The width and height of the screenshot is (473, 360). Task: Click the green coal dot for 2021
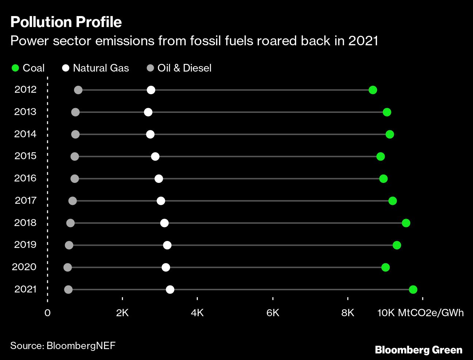413,290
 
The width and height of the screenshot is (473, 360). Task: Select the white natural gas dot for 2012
151,90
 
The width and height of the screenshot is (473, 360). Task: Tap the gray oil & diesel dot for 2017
73,201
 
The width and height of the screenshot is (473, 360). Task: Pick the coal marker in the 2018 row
406,223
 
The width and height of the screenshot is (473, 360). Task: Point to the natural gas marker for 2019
167,245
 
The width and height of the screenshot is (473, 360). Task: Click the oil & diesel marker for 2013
75,112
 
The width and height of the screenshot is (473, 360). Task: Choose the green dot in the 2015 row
380,157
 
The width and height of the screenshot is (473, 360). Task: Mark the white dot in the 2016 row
158,179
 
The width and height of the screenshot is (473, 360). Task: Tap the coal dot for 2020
385,267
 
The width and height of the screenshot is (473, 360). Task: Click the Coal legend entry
28,68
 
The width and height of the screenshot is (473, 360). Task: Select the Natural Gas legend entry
96,68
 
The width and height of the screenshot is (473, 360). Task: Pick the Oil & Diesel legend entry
179,68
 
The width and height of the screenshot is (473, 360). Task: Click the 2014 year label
25,134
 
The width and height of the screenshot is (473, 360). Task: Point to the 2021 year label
25,289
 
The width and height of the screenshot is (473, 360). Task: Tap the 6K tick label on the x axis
273,313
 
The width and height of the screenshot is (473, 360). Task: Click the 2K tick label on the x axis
122,313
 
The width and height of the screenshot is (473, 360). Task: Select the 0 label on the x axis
47,313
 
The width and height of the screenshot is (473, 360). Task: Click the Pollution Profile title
66,22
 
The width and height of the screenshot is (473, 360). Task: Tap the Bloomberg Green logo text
419,350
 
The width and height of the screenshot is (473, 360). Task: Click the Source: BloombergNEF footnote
63,345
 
